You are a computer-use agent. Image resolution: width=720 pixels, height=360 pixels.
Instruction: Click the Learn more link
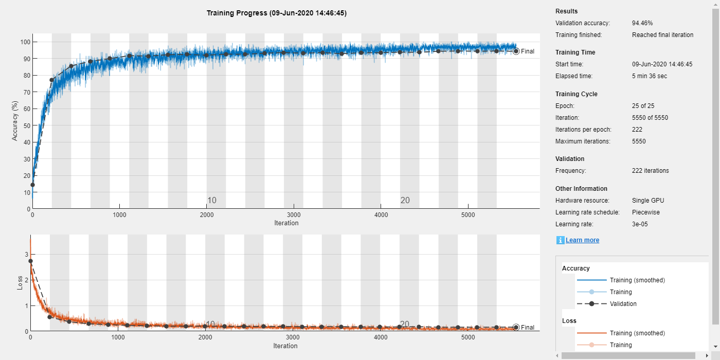coord(582,240)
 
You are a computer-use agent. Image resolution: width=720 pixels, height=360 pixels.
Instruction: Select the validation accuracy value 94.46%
coord(642,23)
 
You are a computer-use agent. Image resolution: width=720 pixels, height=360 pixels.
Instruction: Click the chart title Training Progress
coord(276,13)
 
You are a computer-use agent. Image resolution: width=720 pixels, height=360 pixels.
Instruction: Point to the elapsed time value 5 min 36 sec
coord(653,76)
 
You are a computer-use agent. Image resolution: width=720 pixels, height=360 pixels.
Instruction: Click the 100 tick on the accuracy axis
coord(24,42)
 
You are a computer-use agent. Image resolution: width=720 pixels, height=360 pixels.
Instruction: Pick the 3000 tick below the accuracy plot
coord(294,214)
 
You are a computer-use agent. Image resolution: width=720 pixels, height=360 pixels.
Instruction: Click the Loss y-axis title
coord(20,283)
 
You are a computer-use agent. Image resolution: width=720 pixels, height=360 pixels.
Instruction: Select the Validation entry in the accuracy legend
coord(623,304)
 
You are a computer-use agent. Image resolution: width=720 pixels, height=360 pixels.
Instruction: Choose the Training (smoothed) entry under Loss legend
coord(637,333)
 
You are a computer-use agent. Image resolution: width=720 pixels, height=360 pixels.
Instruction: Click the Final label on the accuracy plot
coord(527,51)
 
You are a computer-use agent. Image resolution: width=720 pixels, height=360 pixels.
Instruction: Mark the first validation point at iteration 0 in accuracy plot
coord(32,185)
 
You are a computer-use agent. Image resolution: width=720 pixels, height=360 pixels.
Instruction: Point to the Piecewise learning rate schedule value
coord(646,212)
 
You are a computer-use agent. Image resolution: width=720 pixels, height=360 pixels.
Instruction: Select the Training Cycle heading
coord(576,94)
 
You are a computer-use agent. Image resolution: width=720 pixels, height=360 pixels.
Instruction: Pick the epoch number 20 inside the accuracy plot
coord(405,201)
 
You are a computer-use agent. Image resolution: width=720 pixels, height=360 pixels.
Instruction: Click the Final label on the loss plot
coord(527,328)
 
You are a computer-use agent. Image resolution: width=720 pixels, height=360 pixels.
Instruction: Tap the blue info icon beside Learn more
coord(560,240)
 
